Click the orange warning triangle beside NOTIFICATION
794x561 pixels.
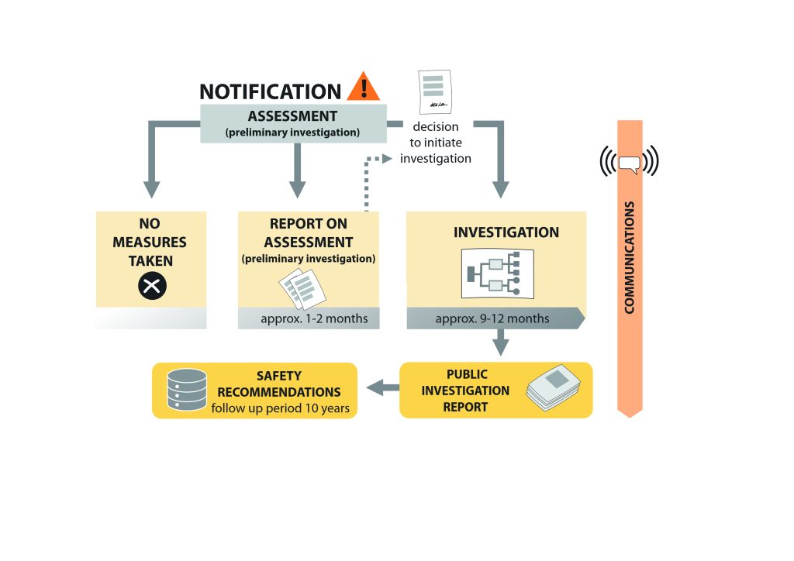pyautogui.click(x=364, y=87)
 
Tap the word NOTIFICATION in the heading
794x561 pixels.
pyautogui.click(x=271, y=92)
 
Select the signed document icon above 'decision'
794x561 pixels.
pyautogui.click(x=435, y=92)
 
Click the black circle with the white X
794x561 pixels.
pyautogui.click(x=152, y=286)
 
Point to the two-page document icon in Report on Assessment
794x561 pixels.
pyautogui.click(x=302, y=289)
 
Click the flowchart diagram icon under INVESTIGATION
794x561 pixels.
pyautogui.click(x=498, y=274)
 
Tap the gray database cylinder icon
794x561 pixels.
pyautogui.click(x=187, y=390)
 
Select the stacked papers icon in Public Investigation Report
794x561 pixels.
pyautogui.click(x=554, y=387)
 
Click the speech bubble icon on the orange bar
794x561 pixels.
pyautogui.click(x=630, y=164)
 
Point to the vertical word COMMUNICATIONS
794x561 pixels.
pyautogui.click(x=630, y=257)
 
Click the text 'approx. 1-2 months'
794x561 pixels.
pyautogui.click(x=315, y=318)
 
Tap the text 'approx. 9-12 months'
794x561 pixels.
pyautogui.click(x=492, y=318)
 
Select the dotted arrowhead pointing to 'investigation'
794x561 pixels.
pyautogui.click(x=388, y=159)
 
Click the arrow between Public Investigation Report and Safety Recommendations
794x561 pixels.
pyautogui.click(x=383, y=388)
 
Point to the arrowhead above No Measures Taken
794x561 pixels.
pyautogui.click(x=151, y=190)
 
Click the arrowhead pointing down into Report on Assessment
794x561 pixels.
pyautogui.click(x=297, y=190)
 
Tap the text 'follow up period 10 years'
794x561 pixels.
pyautogui.click(x=281, y=408)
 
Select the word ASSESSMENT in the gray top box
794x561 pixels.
pyautogui.click(x=292, y=116)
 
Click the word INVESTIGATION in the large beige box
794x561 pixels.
pyautogui.click(x=506, y=232)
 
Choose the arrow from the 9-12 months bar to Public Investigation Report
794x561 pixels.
pyautogui.click(x=501, y=342)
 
